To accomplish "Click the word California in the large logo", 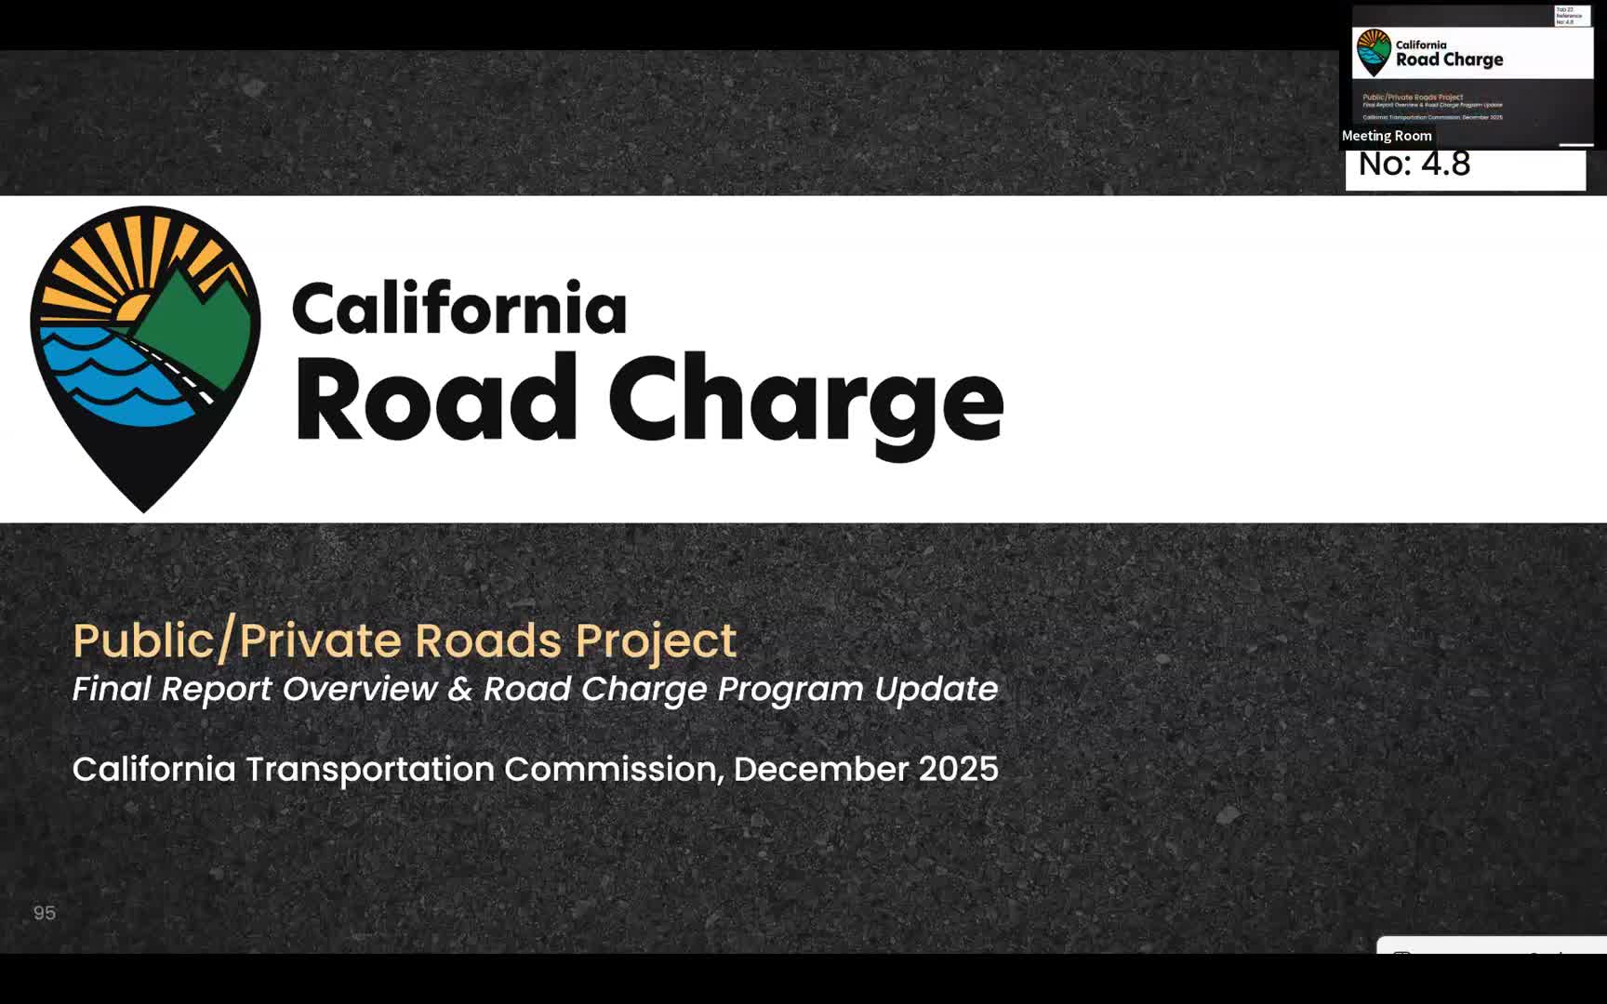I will tap(459, 309).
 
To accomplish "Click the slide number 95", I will tap(45, 913).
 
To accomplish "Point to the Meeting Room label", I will tap(1386, 136).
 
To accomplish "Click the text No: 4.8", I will tap(1414, 165).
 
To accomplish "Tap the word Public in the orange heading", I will tap(143, 641).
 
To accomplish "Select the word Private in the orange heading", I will tap(321, 641).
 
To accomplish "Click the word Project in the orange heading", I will tap(655, 641).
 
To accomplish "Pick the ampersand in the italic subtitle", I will tap(459, 690).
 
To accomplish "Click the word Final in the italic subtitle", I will tap(112, 689).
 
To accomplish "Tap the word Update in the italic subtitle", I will tap(936, 690).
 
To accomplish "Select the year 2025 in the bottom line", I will tap(958, 769).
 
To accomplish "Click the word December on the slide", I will tap(820, 769).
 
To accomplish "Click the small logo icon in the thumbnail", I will tap(1374, 52).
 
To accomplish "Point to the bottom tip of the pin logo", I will tap(144, 507).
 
